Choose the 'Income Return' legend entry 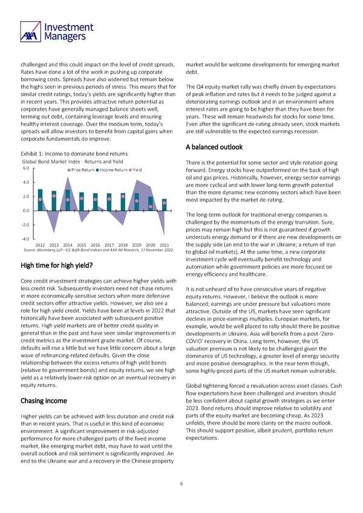113,170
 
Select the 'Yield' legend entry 136,170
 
